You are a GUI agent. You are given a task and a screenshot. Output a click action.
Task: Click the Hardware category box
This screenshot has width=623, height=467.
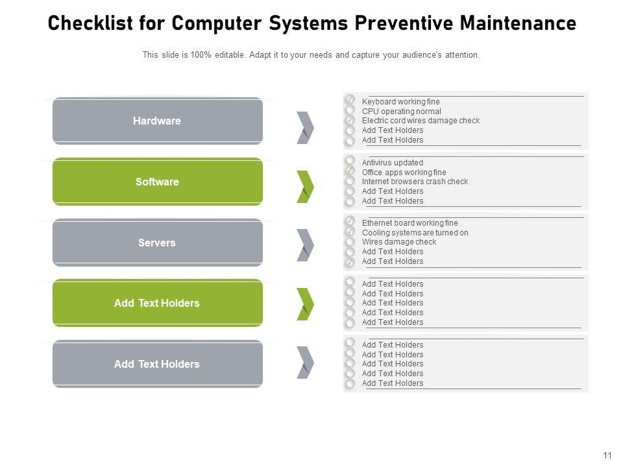coord(157,121)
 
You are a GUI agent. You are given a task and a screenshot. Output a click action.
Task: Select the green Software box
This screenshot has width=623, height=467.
coord(157,182)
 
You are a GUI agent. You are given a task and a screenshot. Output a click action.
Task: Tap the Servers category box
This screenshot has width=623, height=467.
coord(157,242)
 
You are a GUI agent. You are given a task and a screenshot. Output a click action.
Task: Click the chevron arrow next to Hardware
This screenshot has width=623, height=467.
coord(305,128)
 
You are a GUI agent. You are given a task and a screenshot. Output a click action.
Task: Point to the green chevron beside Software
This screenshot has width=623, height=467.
coord(305,187)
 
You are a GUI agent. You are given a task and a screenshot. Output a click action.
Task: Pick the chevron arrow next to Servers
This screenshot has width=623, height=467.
coord(305,245)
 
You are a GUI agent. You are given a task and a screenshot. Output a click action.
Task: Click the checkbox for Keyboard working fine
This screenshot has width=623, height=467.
coord(350,99)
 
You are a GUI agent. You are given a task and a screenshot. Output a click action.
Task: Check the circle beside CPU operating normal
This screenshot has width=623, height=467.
coord(350,109)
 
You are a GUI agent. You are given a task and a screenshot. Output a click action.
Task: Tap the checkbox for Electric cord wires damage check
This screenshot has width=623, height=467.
coord(350,119)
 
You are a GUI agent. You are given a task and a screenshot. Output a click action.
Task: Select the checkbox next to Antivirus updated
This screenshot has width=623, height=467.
coord(350,160)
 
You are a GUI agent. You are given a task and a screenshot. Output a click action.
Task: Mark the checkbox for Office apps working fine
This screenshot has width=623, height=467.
coord(350,171)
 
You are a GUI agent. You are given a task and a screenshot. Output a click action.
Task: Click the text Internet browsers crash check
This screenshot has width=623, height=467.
coord(415,182)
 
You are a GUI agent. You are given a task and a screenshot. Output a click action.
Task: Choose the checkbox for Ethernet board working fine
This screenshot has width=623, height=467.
coord(350,220)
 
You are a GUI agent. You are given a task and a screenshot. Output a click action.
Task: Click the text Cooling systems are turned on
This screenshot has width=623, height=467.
coord(415,233)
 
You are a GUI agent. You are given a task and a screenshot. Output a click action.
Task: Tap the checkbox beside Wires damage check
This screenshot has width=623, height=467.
coord(350,241)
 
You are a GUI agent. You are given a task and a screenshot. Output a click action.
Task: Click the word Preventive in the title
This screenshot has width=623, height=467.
coord(403,23)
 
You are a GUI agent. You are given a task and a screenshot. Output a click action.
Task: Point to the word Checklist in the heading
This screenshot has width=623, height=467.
coord(90,23)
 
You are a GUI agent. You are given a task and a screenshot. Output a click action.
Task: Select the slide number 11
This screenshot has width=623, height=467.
coord(607,455)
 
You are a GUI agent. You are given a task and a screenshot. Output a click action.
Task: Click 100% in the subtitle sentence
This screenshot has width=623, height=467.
coord(201,54)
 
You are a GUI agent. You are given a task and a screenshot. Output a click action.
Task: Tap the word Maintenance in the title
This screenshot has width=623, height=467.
coord(518,23)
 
